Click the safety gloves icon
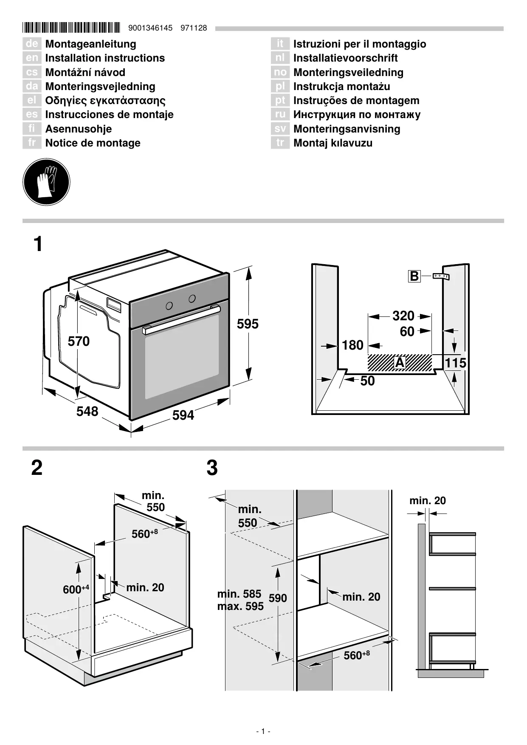[46, 182]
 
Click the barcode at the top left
[71, 28]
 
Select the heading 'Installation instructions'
[105, 58]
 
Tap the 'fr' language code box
[31, 143]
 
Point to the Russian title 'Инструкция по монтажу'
[357, 115]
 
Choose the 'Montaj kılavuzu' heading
[333, 143]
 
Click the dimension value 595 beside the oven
[248, 324]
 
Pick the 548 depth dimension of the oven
[87, 411]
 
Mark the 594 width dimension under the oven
[183, 415]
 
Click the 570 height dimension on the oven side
[79, 341]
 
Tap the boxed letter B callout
[414, 277]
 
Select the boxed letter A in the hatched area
[400, 363]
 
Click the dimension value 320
[403, 316]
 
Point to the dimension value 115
[455, 363]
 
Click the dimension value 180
[352, 345]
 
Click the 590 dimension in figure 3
[278, 598]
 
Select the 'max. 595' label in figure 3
[240, 606]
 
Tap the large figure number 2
[37, 468]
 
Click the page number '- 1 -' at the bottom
[263, 731]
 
